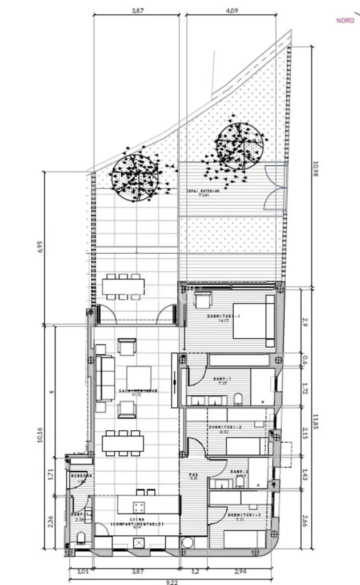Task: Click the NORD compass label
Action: pos(345,21)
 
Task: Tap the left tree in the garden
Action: pos(135,176)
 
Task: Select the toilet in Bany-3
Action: pos(81,538)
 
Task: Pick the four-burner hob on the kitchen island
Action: pos(139,506)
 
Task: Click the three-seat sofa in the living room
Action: pos(105,378)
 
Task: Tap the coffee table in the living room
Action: pos(139,377)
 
